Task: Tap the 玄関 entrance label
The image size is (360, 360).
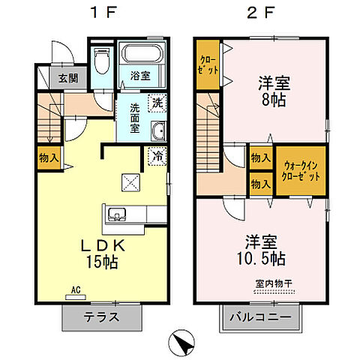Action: coord(57,77)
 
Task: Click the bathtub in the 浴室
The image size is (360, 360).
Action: coord(142,55)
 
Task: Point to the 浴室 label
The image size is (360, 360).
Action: coord(139,76)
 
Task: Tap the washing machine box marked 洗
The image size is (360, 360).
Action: coord(157,102)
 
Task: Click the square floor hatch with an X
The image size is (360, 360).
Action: coord(130,181)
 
